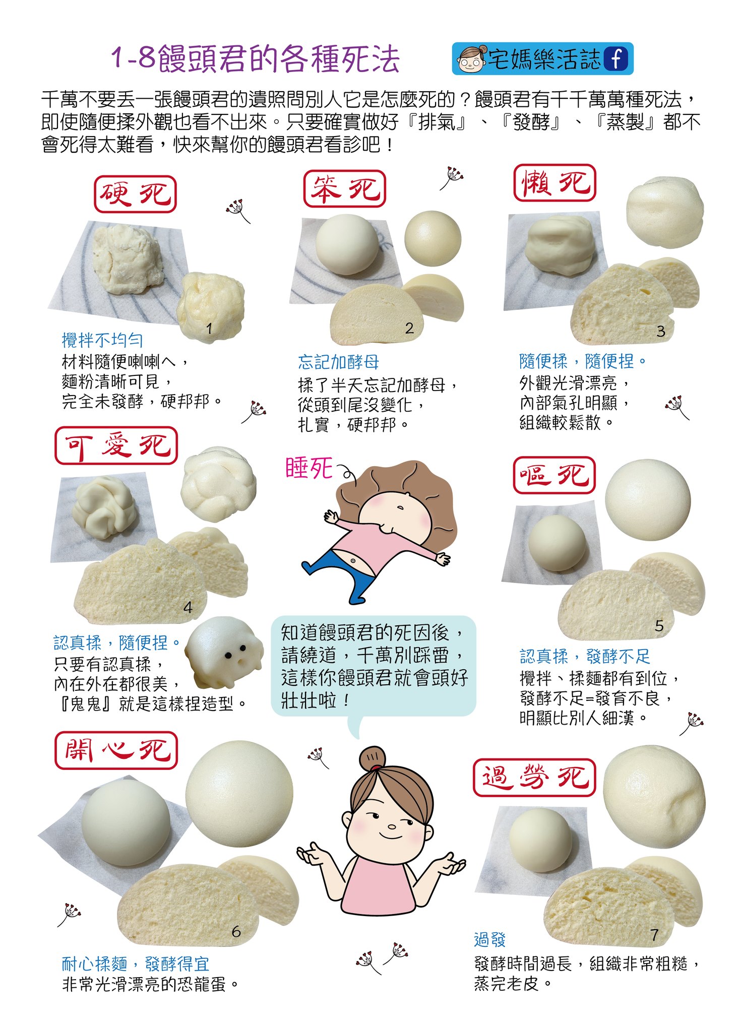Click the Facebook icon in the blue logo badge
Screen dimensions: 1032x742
point(616,59)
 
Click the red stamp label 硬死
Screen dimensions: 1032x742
point(135,195)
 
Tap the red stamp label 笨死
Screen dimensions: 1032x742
point(344,189)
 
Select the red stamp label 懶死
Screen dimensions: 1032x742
point(554,183)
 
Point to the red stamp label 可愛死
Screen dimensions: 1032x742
point(116,446)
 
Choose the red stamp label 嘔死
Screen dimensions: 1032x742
point(554,475)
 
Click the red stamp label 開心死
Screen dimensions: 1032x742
point(116,751)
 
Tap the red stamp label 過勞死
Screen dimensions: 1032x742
point(534,778)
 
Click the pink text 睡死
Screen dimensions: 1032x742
point(309,468)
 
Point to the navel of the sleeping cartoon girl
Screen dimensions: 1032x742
point(353,560)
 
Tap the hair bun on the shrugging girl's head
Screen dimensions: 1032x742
point(372,757)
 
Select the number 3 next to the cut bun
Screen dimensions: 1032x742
point(660,331)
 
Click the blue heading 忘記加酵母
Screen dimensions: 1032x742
point(338,362)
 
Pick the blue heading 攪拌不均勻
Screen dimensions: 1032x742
point(102,340)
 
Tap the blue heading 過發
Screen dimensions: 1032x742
point(489,939)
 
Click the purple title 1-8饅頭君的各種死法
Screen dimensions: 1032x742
point(255,59)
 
